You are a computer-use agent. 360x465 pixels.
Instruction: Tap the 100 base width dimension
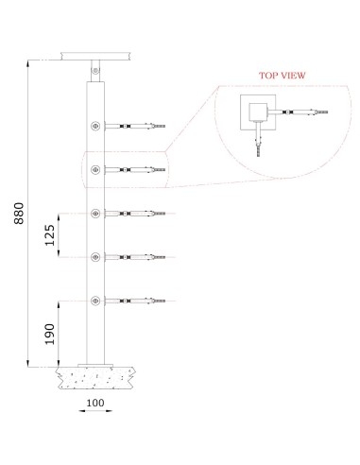tap(95, 402)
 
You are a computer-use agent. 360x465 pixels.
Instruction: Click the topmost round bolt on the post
tap(95, 125)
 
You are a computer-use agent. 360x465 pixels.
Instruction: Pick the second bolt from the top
tap(95, 170)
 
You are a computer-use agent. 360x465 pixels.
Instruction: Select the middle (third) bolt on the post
tap(95, 214)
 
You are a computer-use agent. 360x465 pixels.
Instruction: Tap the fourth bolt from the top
tap(95, 257)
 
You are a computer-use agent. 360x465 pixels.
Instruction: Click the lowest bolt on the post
tap(95, 301)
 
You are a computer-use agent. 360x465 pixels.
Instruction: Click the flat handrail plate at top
tap(95, 56)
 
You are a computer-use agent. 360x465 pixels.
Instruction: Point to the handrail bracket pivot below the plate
tap(94, 68)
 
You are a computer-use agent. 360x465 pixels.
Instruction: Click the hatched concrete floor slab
tap(95, 378)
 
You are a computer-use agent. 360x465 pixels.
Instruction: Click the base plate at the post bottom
tap(95, 366)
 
